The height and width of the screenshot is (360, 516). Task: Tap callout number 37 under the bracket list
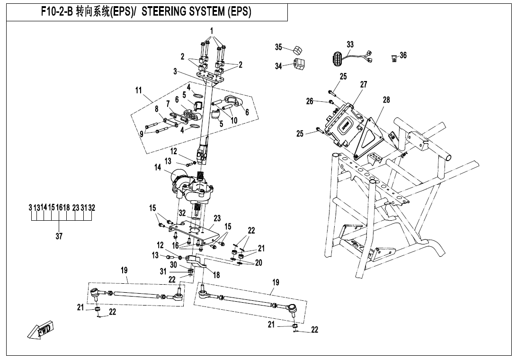59,236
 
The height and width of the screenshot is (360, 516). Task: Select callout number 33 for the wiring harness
350,45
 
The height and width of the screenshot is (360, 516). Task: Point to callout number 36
403,55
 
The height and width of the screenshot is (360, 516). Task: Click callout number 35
279,47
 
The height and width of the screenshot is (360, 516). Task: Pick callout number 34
279,66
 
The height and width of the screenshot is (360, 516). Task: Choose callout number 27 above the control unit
363,84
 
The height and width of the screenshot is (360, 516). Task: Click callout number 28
386,99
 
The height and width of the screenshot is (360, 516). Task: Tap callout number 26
310,100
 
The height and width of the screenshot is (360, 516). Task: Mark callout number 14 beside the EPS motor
158,167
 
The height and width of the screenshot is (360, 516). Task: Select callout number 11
138,90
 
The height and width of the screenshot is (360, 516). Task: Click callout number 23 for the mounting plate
217,218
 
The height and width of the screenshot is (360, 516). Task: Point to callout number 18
217,275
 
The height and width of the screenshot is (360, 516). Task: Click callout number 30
173,264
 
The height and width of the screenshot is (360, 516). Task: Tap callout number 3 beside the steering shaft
175,72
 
